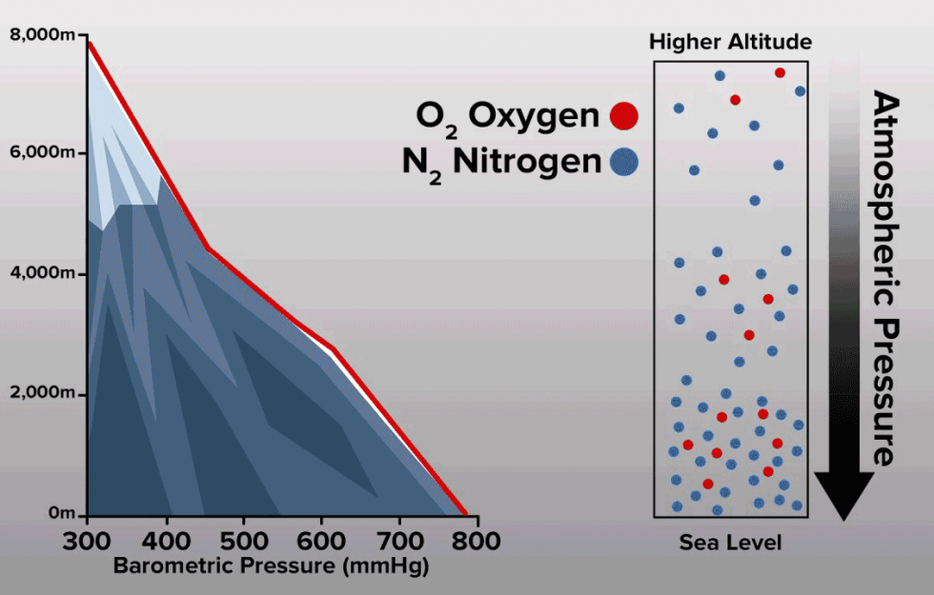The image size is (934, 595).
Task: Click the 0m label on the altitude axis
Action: (61, 514)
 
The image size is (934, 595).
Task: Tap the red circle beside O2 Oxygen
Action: (624, 116)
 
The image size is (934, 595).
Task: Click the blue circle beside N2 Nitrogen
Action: (624, 163)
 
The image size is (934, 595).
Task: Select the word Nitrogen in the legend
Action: (528, 161)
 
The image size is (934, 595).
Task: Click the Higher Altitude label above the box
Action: (730, 42)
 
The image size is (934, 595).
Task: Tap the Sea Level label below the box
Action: (730, 543)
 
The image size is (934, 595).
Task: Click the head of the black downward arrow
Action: (844, 494)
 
